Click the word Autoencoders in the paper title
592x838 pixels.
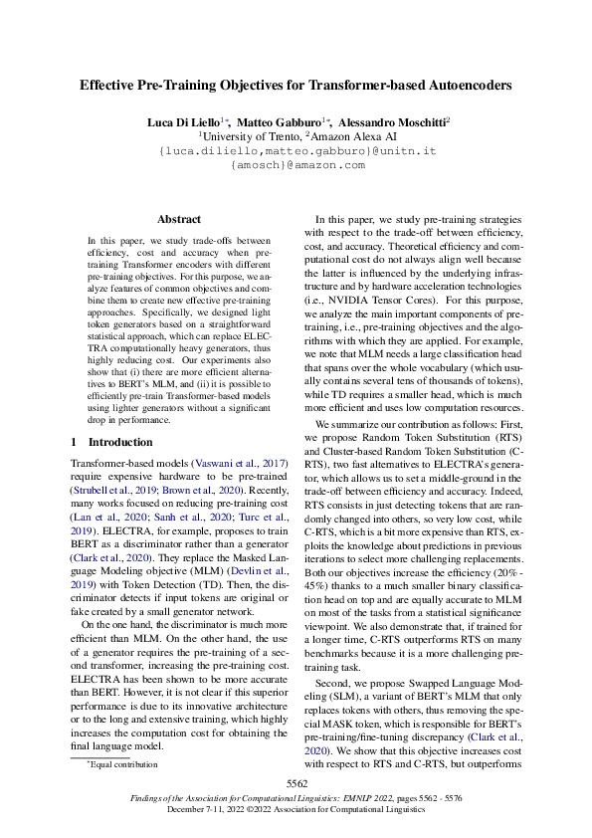pyautogui.click(x=465, y=86)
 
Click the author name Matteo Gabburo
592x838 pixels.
pyautogui.click(x=286, y=120)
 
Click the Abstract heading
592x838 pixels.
pyautogui.click(x=179, y=219)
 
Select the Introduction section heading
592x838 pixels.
pyautogui.click(x=120, y=441)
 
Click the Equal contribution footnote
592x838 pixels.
pyautogui.click(x=124, y=764)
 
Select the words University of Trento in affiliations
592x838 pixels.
pyautogui.click(x=250, y=135)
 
